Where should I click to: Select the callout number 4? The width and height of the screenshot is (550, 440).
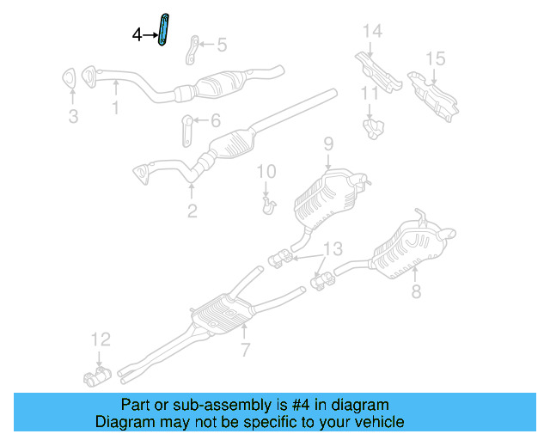click(x=137, y=35)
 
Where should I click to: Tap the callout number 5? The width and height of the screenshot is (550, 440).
click(x=222, y=44)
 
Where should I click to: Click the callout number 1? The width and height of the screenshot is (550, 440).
click(x=114, y=109)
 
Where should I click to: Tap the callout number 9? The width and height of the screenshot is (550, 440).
click(x=327, y=143)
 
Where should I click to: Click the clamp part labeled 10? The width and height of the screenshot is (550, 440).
click(x=268, y=205)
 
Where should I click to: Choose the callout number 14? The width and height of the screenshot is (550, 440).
click(x=371, y=32)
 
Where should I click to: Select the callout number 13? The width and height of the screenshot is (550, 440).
click(x=332, y=249)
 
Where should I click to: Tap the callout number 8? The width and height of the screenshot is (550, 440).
click(x=416, y=292)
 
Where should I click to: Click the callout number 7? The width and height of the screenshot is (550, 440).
click(x=244, y=350)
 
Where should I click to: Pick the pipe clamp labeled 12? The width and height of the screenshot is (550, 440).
click(x=97, y=376)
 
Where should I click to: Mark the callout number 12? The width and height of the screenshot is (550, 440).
click(x=101, y=339)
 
